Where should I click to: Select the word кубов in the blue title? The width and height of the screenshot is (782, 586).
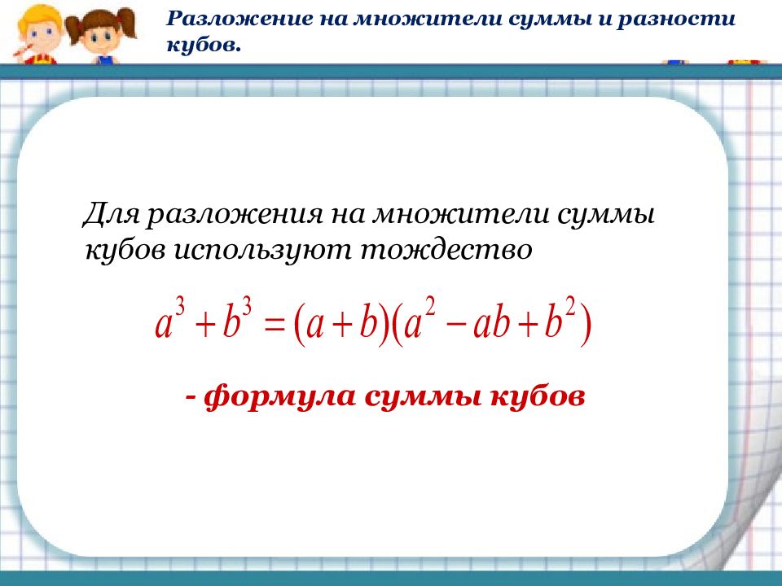point(204,46)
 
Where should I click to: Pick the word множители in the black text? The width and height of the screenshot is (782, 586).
point(461,214)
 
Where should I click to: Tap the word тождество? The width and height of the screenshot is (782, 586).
point(446,250)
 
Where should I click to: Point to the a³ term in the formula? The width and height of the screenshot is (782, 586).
point(170,321)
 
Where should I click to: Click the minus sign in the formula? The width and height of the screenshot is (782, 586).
point(458,327)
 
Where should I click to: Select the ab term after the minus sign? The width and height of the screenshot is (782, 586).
point(492,324)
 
